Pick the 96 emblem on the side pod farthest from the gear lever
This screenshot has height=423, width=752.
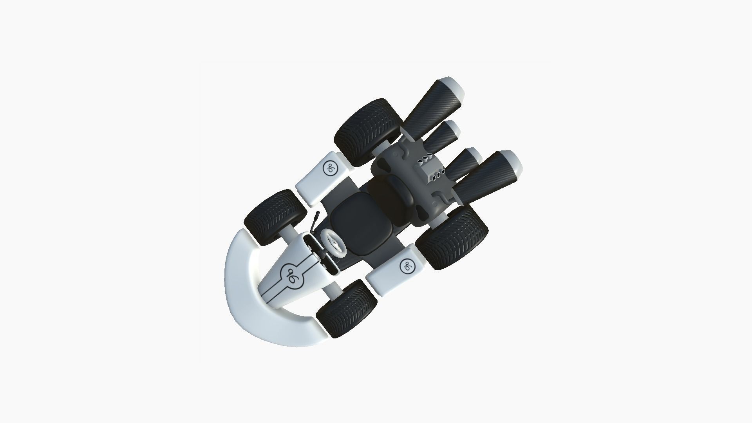407,266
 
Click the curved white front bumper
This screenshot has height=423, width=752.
251,298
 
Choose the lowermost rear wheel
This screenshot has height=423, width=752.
452,237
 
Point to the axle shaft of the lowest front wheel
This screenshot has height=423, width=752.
332,291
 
